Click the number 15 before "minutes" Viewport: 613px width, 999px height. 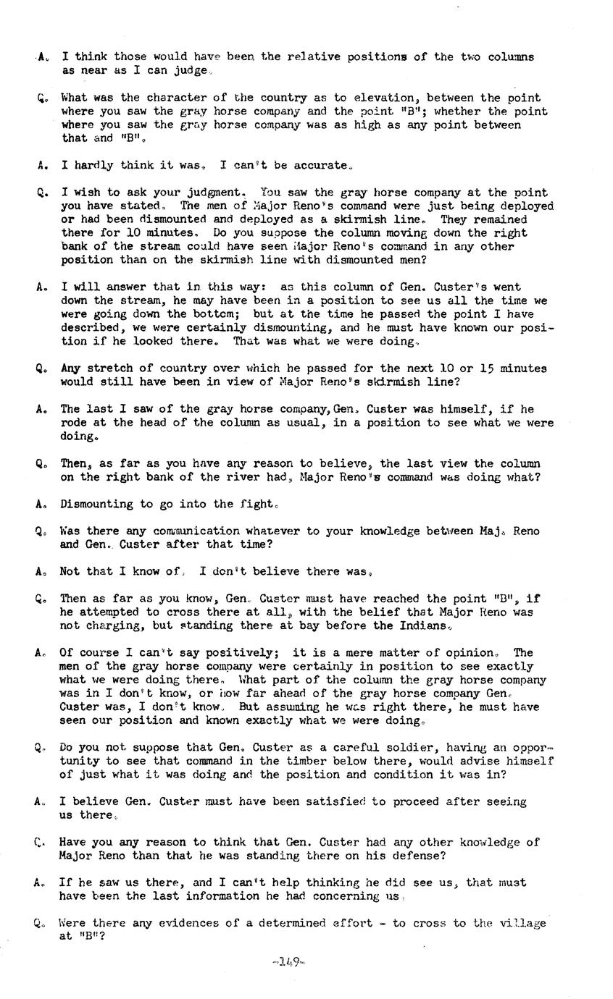[x=484, y=368]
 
